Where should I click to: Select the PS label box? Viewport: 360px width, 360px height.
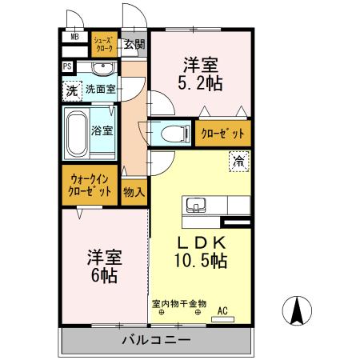click(x=67, y=67)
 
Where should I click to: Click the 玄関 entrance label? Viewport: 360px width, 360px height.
click(x=134, y=45)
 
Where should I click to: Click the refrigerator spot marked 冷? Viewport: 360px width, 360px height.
click(x=238, y=161)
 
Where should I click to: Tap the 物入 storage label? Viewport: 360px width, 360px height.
click(x=134, y=192)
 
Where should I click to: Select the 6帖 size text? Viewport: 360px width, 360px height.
click(x=104, y=276)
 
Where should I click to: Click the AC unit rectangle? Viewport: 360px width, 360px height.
click(x=222, y=320)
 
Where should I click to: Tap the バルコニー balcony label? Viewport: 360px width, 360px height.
click(x=156, y=340)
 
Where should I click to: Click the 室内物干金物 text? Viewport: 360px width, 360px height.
click(x=179, y=304)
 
